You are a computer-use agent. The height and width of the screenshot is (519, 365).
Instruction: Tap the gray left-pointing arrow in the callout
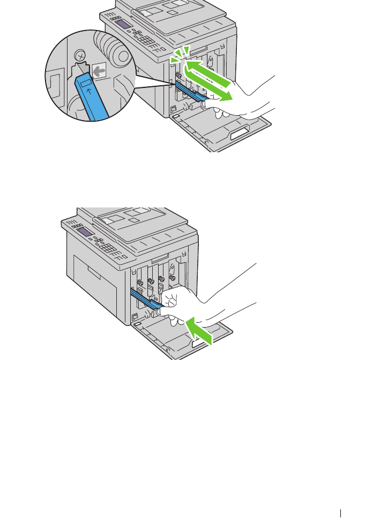(x=98, y=71)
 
